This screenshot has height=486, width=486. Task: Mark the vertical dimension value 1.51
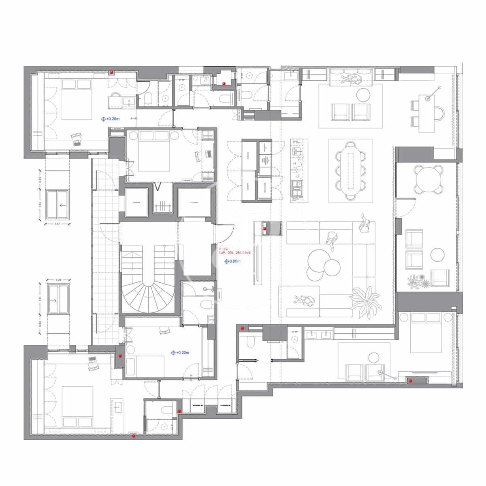pyautogui.click(x=40, y=299)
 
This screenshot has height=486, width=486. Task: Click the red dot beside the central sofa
pyautogui.click(x=265, y=229)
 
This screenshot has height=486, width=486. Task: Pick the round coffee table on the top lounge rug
pyautogui.click(x=362, y=94)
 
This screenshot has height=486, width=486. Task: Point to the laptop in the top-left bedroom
pyautogui.click(x=76, y=142)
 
